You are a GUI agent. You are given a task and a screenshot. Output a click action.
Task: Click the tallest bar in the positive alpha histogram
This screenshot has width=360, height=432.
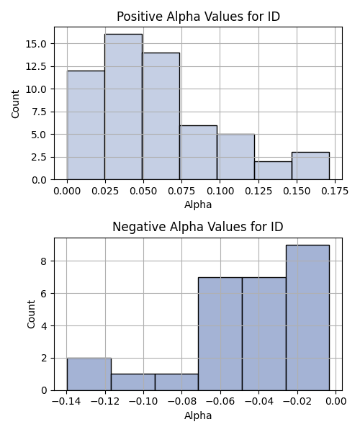[x=123, y=107]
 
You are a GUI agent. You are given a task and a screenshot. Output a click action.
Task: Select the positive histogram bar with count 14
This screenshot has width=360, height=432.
[x=161, y=116]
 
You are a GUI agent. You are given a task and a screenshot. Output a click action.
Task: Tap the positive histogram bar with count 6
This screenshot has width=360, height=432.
[x=198, y=153]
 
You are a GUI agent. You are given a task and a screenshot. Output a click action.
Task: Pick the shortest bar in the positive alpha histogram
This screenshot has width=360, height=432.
[x=273, y=171]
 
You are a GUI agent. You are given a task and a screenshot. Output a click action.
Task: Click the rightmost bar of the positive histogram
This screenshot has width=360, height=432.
[x=311, y=166]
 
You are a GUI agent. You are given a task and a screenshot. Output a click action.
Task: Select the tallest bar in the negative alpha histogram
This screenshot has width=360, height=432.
[x=307, y=318]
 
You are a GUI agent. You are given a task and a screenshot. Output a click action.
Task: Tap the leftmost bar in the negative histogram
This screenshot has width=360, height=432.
[x=89, y=374]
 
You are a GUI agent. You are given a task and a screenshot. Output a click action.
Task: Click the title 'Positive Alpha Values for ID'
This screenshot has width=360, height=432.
[x=198, y=17]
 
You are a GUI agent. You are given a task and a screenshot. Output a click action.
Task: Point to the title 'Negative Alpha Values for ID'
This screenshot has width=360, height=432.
[x=198, y=227]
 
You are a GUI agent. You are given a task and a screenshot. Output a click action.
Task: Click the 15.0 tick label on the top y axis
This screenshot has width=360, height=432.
[x=36, y=44]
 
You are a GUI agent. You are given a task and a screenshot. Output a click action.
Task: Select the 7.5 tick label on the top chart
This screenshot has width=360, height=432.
[x=39, y=112]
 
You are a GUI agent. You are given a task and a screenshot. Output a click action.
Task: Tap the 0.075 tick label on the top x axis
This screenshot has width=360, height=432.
[x=181, y=191]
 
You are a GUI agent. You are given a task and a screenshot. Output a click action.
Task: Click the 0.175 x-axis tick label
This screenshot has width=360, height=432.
[x=335, y=191]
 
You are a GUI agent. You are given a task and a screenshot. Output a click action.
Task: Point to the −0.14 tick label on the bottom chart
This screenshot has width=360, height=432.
[x=66, y=402]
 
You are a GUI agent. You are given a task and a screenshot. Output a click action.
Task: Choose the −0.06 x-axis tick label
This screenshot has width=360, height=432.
[x=220, y=402]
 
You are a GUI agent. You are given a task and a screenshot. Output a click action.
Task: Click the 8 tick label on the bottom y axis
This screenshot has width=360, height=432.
[x=44, y=261]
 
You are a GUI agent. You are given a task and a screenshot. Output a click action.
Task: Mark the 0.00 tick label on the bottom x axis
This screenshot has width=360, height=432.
[x=336, y=402]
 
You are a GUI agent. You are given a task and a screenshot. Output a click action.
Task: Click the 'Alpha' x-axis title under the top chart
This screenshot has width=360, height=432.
[x=198, y=204]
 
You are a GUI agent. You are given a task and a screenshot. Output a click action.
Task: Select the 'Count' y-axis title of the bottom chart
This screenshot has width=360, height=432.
[x=31, y=314]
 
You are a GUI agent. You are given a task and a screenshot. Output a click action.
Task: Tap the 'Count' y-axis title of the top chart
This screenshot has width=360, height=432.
[x=15, y=104]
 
